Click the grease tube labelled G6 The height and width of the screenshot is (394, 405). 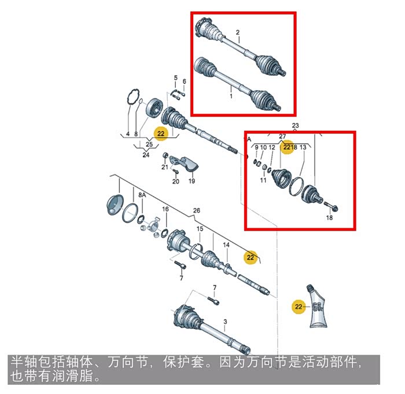click(x=317, y=306)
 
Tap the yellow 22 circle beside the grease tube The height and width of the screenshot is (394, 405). click(x=299, y=307)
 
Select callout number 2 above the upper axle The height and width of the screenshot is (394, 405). click(x=238, y=32)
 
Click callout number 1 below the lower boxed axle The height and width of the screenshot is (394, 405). click(x=231, y=96)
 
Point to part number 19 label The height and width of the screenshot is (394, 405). click(x=192, y=181)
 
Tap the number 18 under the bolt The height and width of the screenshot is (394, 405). click(x=329, y=217)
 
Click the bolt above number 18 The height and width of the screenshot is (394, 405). click(x=331, y=206)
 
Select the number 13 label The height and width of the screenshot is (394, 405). click(x=303, y=147)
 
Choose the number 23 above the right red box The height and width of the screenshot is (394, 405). click(x=295, y=126)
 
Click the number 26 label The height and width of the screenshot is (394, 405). click(x=197, y=210)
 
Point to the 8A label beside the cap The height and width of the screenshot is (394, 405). click(x=142, y=195)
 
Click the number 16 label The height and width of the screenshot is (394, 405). click(x=165, y=209)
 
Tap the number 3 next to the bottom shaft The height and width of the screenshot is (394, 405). click(x=225, y=322)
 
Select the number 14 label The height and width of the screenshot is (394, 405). click(x=226, y=245)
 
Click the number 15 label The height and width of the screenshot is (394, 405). click(x=200, y=229)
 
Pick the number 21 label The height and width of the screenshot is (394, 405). click(x=165, y=167)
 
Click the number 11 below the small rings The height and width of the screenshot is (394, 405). click(x=263, y=180)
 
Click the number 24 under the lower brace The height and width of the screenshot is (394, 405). click(x=146, y=155)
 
